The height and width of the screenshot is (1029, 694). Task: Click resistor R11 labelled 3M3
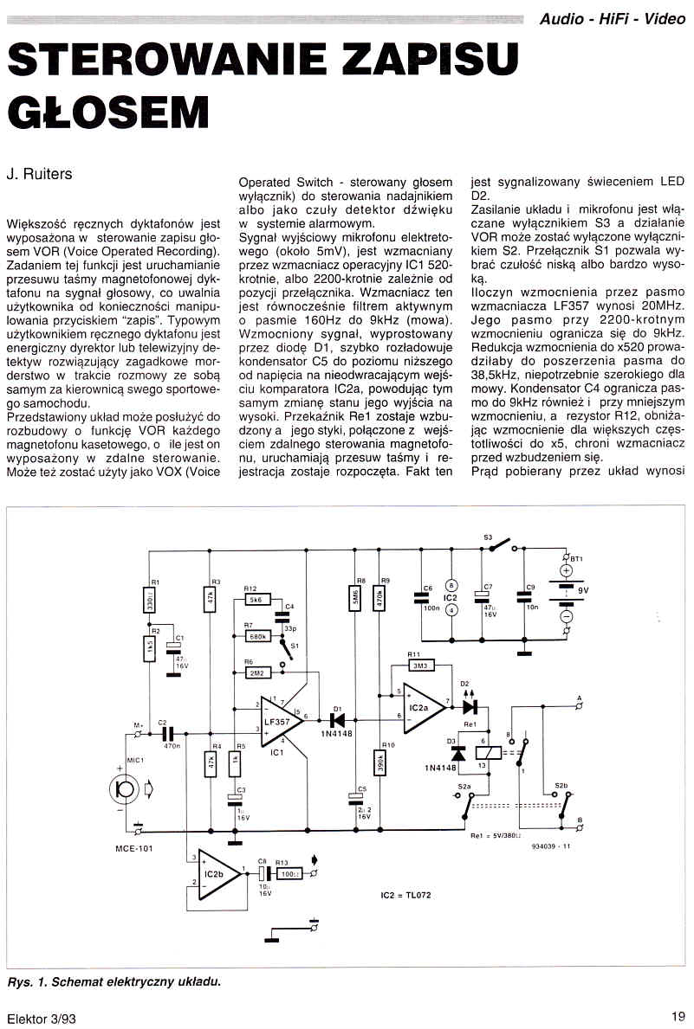tap(418, 666)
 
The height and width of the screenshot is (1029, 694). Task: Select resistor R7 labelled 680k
tap(256, 636)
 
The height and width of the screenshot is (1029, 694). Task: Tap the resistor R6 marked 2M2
tap(256, 672)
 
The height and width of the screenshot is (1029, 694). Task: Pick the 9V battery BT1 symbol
tap(566, 592)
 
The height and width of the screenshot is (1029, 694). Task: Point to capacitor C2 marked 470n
tap(168, 734)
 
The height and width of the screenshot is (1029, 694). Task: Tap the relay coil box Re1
tap(485, 755)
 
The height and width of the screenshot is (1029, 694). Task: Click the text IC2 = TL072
tap(405, 894)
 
